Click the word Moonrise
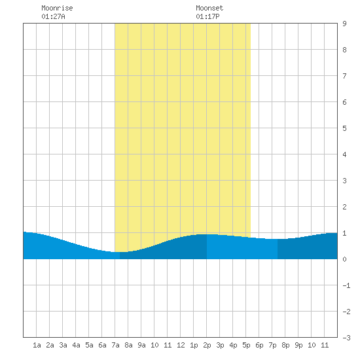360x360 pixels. [57, 8]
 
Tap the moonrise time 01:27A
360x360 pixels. [53, 16]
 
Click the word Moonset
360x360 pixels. [209, 8]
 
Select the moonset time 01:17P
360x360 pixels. [207, 16]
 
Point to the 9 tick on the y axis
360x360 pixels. [344, 24]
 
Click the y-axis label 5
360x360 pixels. [344, 128]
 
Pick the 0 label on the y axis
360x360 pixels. [344, 259]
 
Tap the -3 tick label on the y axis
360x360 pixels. [346, 338]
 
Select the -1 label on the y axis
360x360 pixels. [346, 285]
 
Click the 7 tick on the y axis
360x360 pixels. [344, 76]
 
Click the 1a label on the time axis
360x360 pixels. [37, 345]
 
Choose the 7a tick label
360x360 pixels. [115, 345]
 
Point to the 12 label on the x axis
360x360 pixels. [181, 345]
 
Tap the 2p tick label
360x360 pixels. [207, 345]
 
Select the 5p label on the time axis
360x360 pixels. [246, 345]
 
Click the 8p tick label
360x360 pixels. [285, 345]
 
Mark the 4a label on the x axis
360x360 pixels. [76, 345]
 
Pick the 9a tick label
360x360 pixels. [141, 345]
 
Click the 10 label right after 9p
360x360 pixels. [312, 345]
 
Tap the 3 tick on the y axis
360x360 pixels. [344, 181]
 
